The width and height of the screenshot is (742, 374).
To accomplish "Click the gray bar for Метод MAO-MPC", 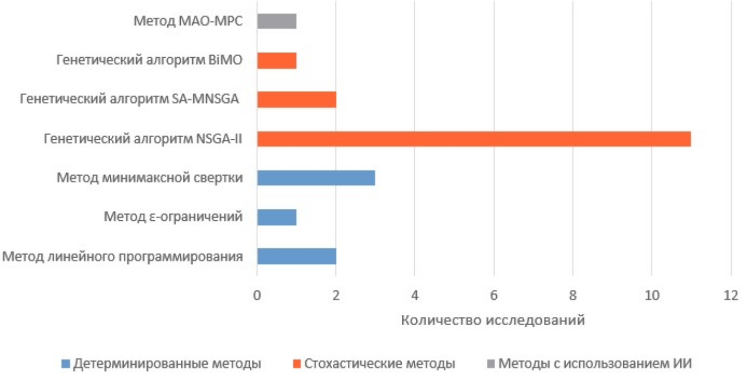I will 277,21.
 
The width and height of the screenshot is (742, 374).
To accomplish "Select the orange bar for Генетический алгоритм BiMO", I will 277,61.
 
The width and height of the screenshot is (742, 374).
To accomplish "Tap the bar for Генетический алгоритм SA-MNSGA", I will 297,99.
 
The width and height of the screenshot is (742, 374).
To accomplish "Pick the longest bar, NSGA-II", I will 474,139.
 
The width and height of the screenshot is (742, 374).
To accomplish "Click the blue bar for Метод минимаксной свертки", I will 316,178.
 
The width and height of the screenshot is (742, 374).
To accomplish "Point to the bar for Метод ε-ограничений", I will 277,217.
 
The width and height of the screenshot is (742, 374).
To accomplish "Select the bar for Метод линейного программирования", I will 297,256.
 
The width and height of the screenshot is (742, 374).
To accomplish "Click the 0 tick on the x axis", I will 257,295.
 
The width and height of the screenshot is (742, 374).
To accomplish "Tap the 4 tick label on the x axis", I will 415,295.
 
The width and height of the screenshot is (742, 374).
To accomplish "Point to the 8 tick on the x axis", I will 573,295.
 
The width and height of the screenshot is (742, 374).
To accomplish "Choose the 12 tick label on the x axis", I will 731,295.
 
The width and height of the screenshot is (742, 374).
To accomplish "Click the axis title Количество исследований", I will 492,320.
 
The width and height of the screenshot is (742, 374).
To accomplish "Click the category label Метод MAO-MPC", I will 188,22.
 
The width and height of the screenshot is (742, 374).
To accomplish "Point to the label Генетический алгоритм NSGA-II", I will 143,139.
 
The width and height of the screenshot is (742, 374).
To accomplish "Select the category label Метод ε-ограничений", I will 173,217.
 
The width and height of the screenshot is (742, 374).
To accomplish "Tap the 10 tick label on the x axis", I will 652,295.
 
